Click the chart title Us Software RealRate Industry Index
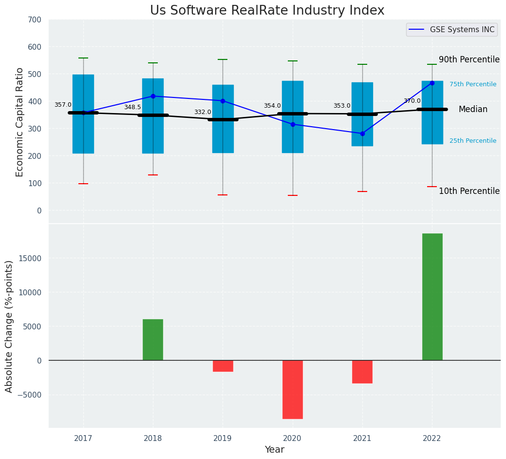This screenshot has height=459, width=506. coord(267,11)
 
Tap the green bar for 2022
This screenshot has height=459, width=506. coord(432,297)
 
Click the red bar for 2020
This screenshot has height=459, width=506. coord(293,389)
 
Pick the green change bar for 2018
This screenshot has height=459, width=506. coord(153,340)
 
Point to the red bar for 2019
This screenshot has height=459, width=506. coord(223,366)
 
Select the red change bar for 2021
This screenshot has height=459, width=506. coord(362,372)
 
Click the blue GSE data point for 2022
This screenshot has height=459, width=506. coord(432,83)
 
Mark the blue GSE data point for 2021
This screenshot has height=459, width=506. coord(362,134)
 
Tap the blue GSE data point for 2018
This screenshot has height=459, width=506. coord(153,96)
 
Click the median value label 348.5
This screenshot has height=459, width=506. coord(132,107)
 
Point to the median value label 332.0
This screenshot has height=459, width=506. coord(203,112)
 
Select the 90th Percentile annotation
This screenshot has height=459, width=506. coord(469,59)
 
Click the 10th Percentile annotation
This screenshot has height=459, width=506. coord(469,191)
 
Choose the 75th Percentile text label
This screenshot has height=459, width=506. coord(473,84)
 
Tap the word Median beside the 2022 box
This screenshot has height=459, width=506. coord(473,110)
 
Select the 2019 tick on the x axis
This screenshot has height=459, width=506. coord(223,439)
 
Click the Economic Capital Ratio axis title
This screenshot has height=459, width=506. coord(20,122)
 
